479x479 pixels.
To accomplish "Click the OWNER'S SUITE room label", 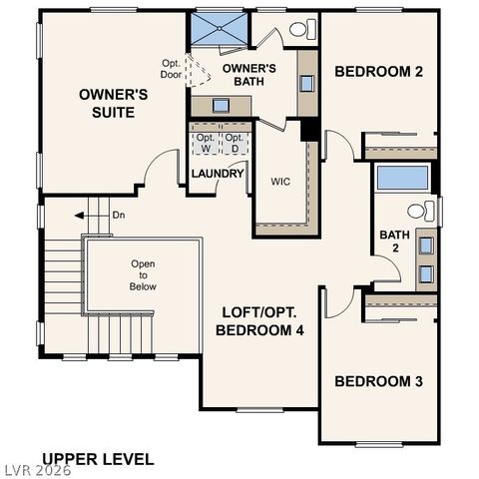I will (114, 103).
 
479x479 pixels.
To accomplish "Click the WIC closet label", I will (280, 182).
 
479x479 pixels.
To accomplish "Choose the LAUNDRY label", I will (218, 174).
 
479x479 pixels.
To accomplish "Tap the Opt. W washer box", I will (206, 143).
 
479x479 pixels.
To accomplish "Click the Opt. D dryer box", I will (234, 143).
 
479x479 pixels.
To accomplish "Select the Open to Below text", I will (143, 274).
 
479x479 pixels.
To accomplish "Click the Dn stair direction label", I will (118, 215).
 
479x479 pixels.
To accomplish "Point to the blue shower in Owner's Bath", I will (218, 29).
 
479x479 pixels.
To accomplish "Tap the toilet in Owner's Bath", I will (298, 31).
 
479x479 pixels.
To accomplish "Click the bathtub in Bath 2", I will (403, 179).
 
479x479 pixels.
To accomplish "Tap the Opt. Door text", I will (172, 69).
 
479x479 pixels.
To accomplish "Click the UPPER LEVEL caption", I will (98, 459).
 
